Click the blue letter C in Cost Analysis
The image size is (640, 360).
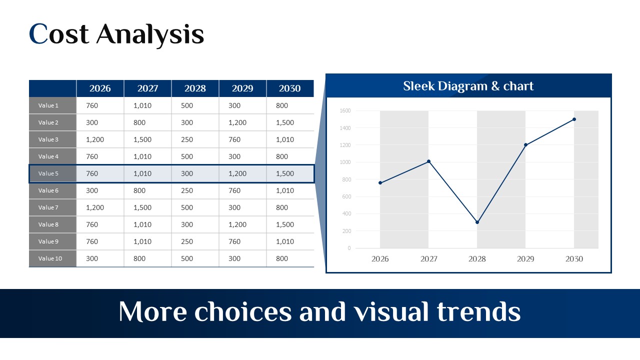click(38, 33)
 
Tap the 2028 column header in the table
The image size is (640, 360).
click(195, 88)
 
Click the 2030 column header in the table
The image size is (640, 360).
click(289, 88)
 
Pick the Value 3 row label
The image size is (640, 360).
click(48, 139)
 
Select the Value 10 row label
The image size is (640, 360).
click(50, 258)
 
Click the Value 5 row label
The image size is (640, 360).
click(48, 173)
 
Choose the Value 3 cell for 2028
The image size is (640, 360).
click(187, 139)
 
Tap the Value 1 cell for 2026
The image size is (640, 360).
click(92, 105)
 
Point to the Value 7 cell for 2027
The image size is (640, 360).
click(142, 207)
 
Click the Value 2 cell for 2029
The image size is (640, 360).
click(237, 122)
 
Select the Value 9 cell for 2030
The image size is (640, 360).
click(285, 241)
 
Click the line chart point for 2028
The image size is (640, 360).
click(477, 222)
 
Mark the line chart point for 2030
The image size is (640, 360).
click(574, 119)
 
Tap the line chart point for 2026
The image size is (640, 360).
click(380, 183)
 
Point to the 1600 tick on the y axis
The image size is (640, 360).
click(345, 110)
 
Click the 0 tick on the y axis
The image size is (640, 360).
click(349, 248)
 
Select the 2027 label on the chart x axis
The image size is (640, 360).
click(429, 259)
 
